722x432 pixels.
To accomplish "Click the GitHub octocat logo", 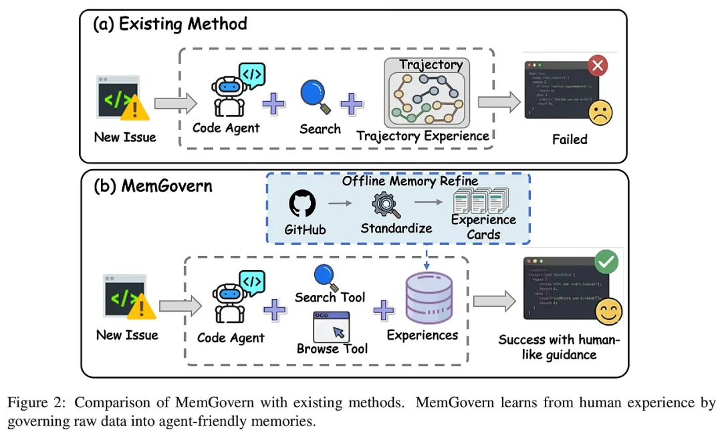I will point(302,203).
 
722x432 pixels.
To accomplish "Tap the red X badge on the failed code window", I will point(597,66).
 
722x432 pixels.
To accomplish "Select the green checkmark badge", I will point(606,262).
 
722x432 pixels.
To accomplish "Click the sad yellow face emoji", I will point(600,113).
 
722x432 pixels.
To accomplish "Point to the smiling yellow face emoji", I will point(608,311).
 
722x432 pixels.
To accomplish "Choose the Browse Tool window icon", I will point(332,326).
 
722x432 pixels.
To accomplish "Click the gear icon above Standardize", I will point(385,203).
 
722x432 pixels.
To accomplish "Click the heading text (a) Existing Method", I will point(170,25).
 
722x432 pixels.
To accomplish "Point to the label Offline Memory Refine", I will point(410,181).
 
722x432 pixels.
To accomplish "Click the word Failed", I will point(570,140).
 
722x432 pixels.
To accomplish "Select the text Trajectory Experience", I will point(423,136).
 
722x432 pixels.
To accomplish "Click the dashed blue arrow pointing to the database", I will point(427,257).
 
